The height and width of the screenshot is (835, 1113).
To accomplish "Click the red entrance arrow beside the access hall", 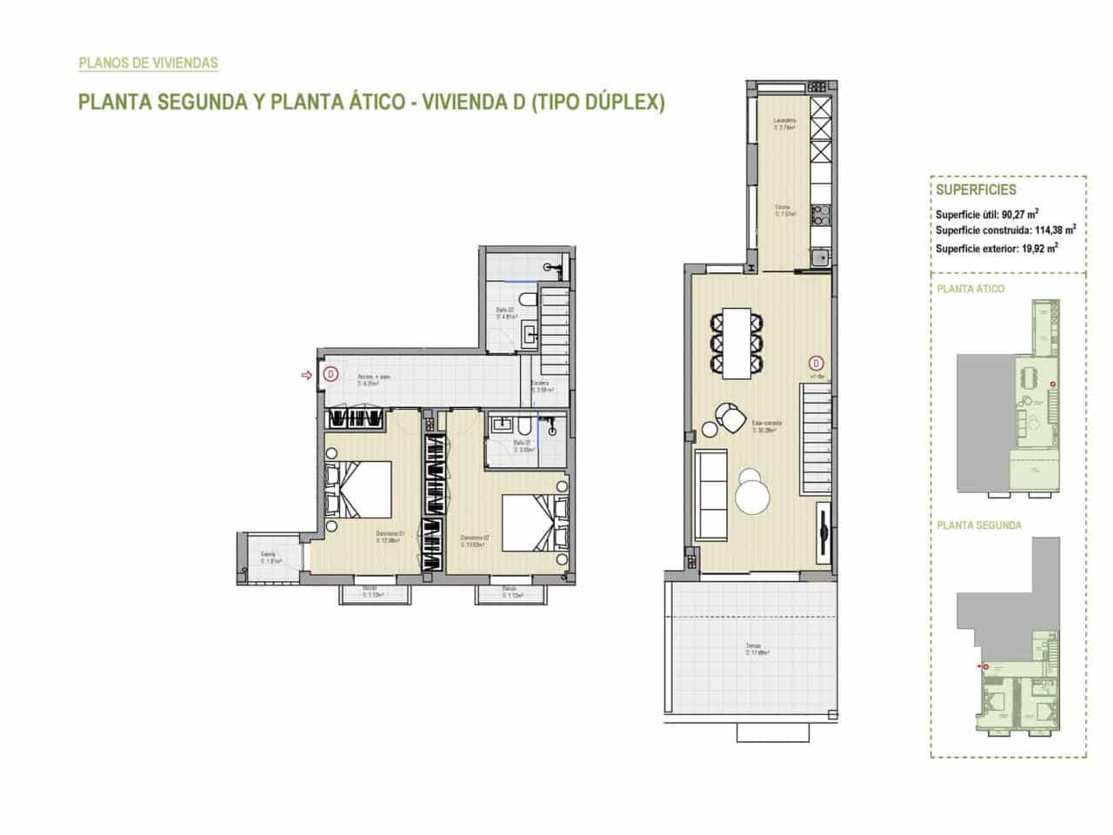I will [305, 376].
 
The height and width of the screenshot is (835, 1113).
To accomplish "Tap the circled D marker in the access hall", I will [330, 376].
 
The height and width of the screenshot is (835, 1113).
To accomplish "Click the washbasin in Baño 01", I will [502, 424].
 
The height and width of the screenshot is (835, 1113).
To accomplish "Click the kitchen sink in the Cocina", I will [818, 257].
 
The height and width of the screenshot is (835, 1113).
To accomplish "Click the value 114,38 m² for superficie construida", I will [1055, 230].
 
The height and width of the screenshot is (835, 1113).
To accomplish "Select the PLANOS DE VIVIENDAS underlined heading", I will [148, 63].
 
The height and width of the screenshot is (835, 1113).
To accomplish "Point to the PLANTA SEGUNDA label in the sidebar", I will [979, 525].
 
